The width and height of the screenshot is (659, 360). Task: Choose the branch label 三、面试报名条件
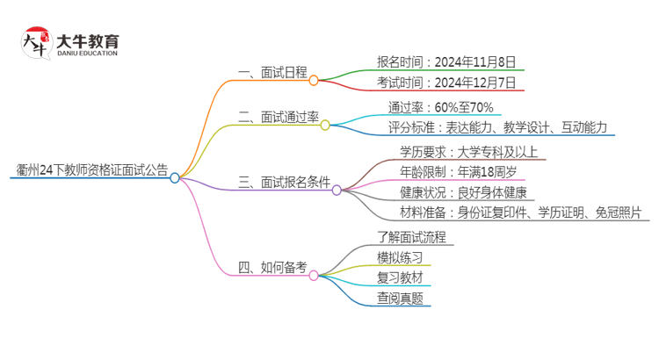(285, 183)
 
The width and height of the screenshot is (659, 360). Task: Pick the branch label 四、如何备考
(272, 268)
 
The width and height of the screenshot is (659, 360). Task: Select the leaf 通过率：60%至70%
(441, 107)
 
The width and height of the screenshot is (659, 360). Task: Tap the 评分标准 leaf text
(497, 127)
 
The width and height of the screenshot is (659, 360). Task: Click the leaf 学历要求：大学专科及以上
(473, 151)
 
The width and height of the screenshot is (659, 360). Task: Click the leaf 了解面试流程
(412, 236)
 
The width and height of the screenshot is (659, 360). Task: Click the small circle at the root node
(175, 178)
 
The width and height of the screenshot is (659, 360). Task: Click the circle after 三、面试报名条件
(337, 189)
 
